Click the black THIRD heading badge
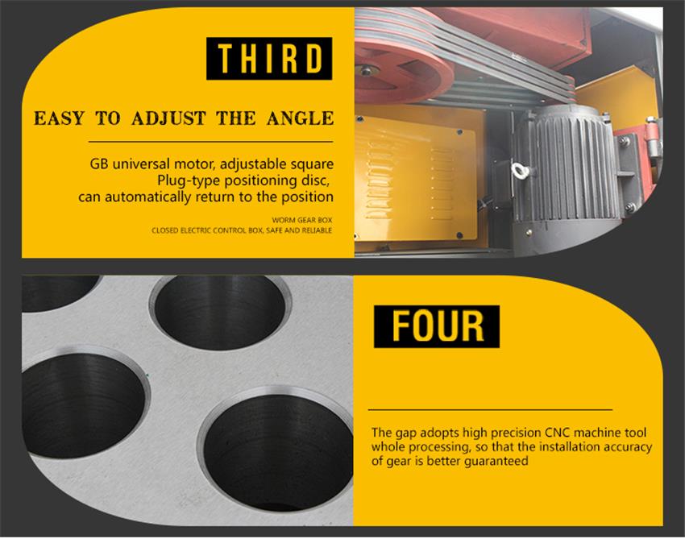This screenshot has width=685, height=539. [x=269, y=59]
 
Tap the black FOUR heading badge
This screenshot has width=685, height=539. [x=437, y=326]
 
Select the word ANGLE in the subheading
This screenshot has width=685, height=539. [x=300, y=118]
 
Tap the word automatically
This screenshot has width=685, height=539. [x=148, y=197]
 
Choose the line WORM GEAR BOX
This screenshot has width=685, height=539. [x=302, y=220]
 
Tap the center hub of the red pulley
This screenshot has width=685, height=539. [x=366, y=70]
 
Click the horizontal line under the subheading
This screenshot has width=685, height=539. [x=210, y=142]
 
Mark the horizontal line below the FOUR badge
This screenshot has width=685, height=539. [x=490, y=410]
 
